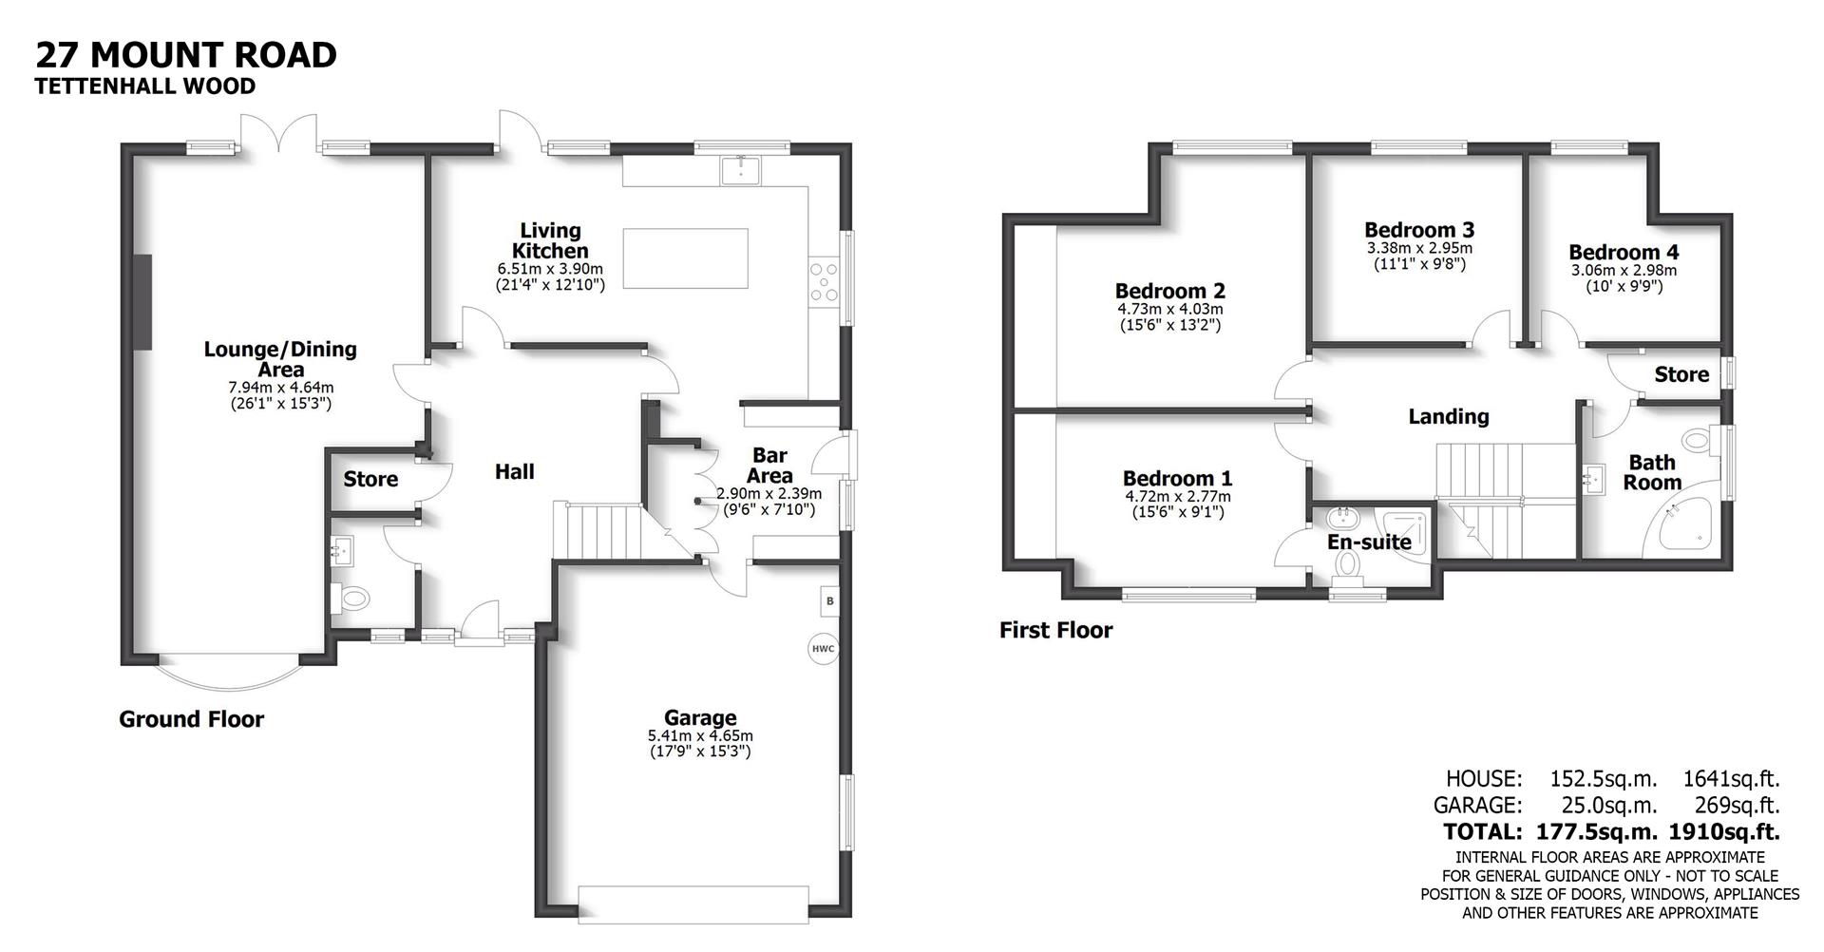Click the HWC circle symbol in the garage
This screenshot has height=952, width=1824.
click(823, 650)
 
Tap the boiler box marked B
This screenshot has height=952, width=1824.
click(829, 600)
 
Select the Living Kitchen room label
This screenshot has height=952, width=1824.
click(550, 240)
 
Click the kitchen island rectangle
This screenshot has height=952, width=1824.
click(685, 257)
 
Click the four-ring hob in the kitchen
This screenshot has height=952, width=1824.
click(824, 283)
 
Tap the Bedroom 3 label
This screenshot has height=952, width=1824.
click(1419, 230)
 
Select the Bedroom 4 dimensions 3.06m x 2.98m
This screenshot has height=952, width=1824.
click(1624, 270)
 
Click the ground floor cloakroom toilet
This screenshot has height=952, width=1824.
click(352, 599)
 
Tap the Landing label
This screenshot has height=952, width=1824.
click(1448, 416)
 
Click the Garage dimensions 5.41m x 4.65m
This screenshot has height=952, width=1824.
click(700, 735)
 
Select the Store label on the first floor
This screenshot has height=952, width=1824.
click(1681, 374)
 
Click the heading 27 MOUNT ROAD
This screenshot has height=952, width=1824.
click(186, 54)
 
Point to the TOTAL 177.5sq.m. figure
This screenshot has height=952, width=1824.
click(1597, 832)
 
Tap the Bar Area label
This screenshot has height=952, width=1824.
click(769, 466)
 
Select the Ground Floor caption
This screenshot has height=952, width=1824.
click(191, 719)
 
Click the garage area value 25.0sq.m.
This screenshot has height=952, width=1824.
click(1604, 806)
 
